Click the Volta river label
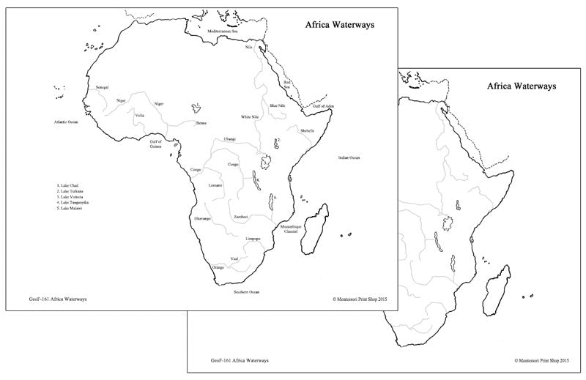139,115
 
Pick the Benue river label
202,124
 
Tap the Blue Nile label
277,106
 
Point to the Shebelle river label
307,130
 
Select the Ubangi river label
230,138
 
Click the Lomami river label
215,185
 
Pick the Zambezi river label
241,217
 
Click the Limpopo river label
253,239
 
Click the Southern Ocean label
247,291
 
